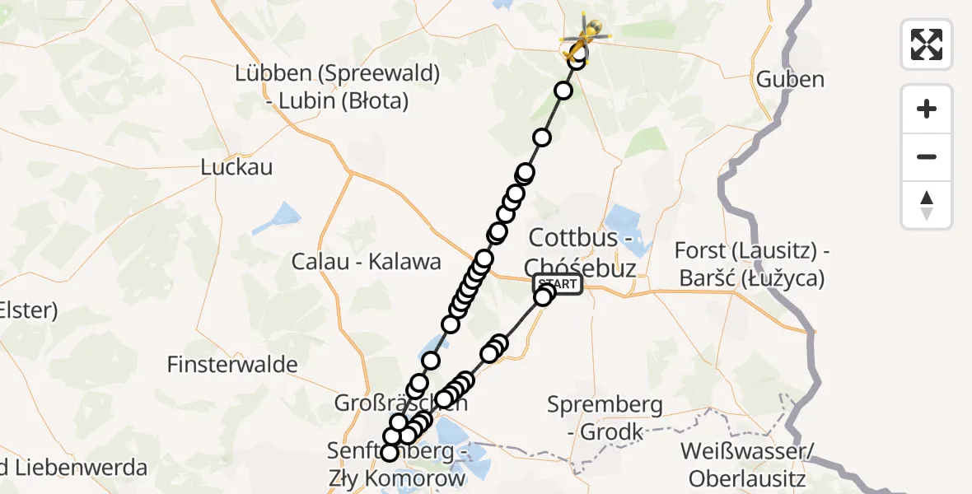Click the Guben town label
(790, 80)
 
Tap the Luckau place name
(236, 167)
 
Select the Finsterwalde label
(232, 364)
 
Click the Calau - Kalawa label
(367, 262)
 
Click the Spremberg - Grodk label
(605, 417)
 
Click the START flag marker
(558, 284)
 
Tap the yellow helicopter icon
(586, 35)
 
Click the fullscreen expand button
(927, 44)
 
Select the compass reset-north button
(927, 204)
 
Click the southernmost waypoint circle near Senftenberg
(390, 452)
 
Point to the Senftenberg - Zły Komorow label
(398, 464)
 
